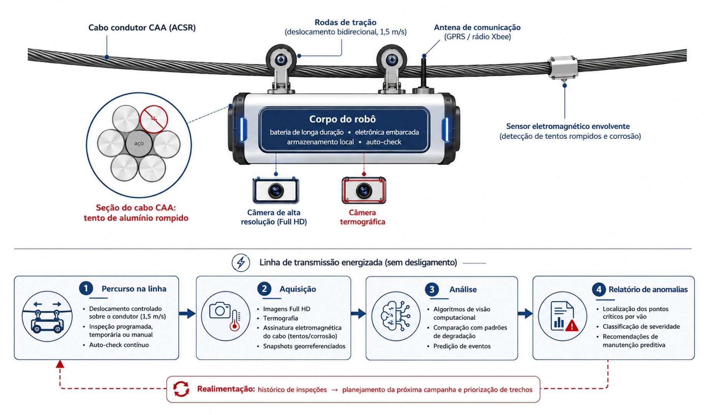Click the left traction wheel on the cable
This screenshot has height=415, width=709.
pyautogui.click(x=281, y=60)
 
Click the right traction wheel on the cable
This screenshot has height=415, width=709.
pyautogui.click(x=392, y=60)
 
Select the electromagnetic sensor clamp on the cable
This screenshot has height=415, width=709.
pyautogui.click(x=563, y=68)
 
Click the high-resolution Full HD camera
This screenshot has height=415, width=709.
pyautogui.click(x=276, y=190)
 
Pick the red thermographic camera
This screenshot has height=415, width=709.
pyautogui.click(x=364, y=190)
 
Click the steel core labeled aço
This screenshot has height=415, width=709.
pyautogui.click(x=139, y=143)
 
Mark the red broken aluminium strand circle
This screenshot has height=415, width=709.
pyautogui.click(x=154, y=119)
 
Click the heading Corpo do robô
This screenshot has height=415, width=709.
pyautogui.click(x=342, y=119)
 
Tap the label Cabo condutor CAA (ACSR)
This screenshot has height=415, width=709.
pyautogui.click(x=142, y=28)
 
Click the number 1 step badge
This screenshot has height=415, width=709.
pyautogui.click(x=86, y=288)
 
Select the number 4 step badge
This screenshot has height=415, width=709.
pyautogui.click(x=599, y=289)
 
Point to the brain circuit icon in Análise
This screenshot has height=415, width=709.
pyautogui.click(x=395, y=316)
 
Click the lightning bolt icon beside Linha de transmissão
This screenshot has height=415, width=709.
pyautogui.click(x=241, y=263)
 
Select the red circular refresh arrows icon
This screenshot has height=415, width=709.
pyautogui.click(x=181, y=389)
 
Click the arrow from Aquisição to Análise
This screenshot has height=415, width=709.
pyautogui.click(x=358, y=314)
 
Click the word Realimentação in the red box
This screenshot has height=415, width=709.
pyautogui.click(x=226, y=389)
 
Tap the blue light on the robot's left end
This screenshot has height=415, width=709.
pyautogui.click(x=242, y=129)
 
